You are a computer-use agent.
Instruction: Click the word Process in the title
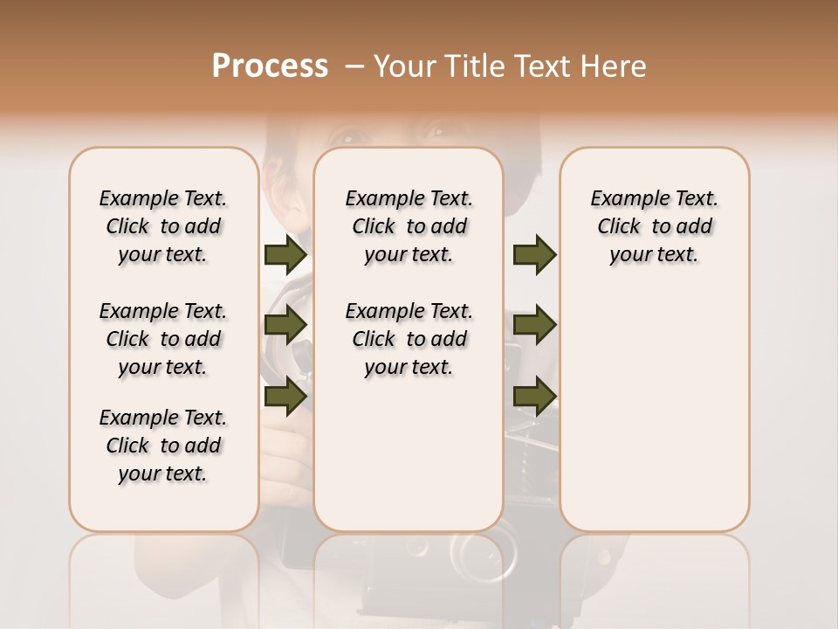[270, 66]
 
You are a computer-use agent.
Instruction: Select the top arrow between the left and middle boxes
[285, 254]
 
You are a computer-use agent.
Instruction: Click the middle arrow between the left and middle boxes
[285, 325]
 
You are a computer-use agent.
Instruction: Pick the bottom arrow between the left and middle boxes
[285, 396]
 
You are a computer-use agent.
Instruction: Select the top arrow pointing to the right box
[534, 254]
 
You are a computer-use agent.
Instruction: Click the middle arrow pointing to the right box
[534, 325]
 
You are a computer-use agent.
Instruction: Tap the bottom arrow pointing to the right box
[534, 396]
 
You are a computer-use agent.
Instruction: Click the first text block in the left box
[163, 226]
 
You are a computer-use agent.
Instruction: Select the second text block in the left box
[163, 339]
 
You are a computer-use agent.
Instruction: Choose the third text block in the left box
[163, 446]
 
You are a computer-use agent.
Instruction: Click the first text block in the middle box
[409, 226]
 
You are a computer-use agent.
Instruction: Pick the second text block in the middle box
[409, 339]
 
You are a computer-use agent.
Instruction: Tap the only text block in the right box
[655, 226]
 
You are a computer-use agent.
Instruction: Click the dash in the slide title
[354, 66]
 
